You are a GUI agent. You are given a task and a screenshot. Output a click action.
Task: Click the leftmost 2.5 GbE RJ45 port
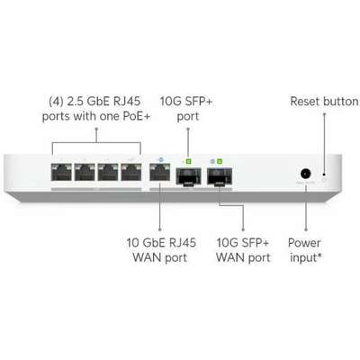click(x=61, y=172)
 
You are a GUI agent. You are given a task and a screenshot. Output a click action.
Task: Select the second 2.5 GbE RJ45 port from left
click(x=85, y=172)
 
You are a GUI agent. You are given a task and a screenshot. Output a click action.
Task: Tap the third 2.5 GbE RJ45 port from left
click(x=108, y=172)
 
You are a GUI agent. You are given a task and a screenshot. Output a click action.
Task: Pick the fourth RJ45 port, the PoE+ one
click(x=131, y=172)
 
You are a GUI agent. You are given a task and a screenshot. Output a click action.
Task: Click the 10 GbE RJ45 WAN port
click(x=160, y=172)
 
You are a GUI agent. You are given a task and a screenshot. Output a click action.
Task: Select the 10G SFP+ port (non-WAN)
click(x=188, y=176)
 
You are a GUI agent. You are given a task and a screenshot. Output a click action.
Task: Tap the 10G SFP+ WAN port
click(x=220, y=176)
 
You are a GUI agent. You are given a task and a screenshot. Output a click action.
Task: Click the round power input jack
click(x=306, y=174)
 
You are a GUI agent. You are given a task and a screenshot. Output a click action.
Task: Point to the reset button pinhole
click(x=324, y=175)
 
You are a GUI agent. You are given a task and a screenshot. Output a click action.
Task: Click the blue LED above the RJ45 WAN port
click(x=160, y=160)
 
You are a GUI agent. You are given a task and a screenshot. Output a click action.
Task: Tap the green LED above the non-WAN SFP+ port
click(x=188, y=162)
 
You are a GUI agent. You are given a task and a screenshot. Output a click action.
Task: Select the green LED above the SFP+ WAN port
click(x=220, y=162)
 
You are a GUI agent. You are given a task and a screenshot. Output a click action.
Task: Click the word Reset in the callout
click(x=306, y=102)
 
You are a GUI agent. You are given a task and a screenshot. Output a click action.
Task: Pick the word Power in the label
click(x=304, y=243)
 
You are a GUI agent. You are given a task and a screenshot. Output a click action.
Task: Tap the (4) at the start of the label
click(x=56, y=102)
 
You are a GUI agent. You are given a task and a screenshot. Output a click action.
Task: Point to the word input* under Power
click(x=306, y=257)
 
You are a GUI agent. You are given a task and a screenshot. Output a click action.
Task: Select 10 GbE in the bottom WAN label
click(x=146, y=243)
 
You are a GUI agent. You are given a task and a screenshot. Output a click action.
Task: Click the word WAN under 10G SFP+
click(x=229, y=257)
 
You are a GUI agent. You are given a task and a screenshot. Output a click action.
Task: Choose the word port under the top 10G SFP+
click(x=188, y=117)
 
